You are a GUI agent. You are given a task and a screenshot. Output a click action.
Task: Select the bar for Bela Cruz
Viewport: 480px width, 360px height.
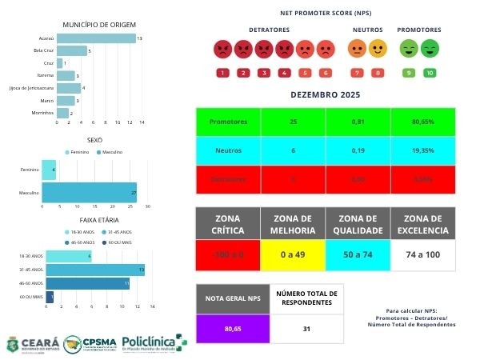(71, 50)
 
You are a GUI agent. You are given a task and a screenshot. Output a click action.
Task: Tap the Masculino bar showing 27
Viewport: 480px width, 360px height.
(88, 193)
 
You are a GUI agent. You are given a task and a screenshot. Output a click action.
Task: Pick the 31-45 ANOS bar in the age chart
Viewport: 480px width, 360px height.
(94, 270)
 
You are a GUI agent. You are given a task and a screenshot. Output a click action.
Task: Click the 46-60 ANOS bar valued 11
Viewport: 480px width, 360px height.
(86, 282)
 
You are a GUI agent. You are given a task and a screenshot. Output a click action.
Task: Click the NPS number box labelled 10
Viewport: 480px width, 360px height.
(430, 73)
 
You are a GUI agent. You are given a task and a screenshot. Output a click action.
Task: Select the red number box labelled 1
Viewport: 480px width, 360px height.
(222, 73)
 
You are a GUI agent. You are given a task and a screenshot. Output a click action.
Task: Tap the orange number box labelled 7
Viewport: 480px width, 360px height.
(357, 73)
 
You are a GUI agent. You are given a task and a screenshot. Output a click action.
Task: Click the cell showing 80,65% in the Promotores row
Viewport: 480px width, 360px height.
(422, 122)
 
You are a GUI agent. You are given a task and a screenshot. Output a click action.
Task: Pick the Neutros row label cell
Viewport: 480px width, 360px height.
(228, 150)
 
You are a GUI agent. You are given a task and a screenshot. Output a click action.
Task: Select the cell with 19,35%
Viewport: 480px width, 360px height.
(422, 150)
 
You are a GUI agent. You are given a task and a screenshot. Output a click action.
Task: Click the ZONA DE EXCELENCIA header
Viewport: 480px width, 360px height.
(422, 225)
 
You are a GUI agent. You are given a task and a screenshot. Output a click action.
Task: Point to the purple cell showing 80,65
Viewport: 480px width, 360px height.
(233, 328)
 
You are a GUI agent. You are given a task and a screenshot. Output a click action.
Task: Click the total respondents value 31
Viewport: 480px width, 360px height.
(306, 328)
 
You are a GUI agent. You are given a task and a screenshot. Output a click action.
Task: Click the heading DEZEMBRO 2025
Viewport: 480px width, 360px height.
(325, 95)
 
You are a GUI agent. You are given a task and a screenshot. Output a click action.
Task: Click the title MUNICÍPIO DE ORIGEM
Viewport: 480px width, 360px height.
(94, 25)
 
